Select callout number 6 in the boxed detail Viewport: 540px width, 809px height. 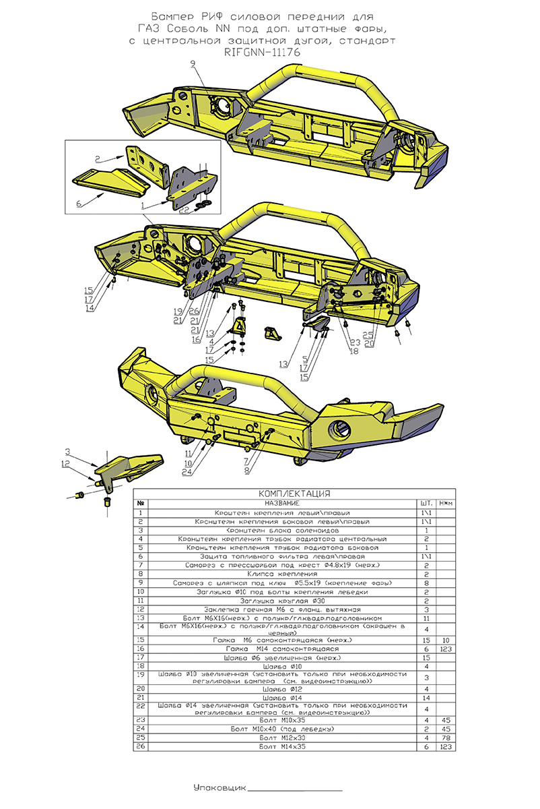click(79, 202)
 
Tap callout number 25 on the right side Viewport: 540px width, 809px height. click(368, 334)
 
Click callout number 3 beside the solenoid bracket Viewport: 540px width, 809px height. click(67, 450)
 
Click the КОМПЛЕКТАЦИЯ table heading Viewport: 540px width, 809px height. click(294, 493)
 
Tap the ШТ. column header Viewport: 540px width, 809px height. click(426, 503)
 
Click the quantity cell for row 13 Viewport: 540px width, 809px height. click(426, 618)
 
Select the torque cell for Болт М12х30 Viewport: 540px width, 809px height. click(445, 738)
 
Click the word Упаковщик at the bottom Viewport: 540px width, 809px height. click(220, 787)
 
